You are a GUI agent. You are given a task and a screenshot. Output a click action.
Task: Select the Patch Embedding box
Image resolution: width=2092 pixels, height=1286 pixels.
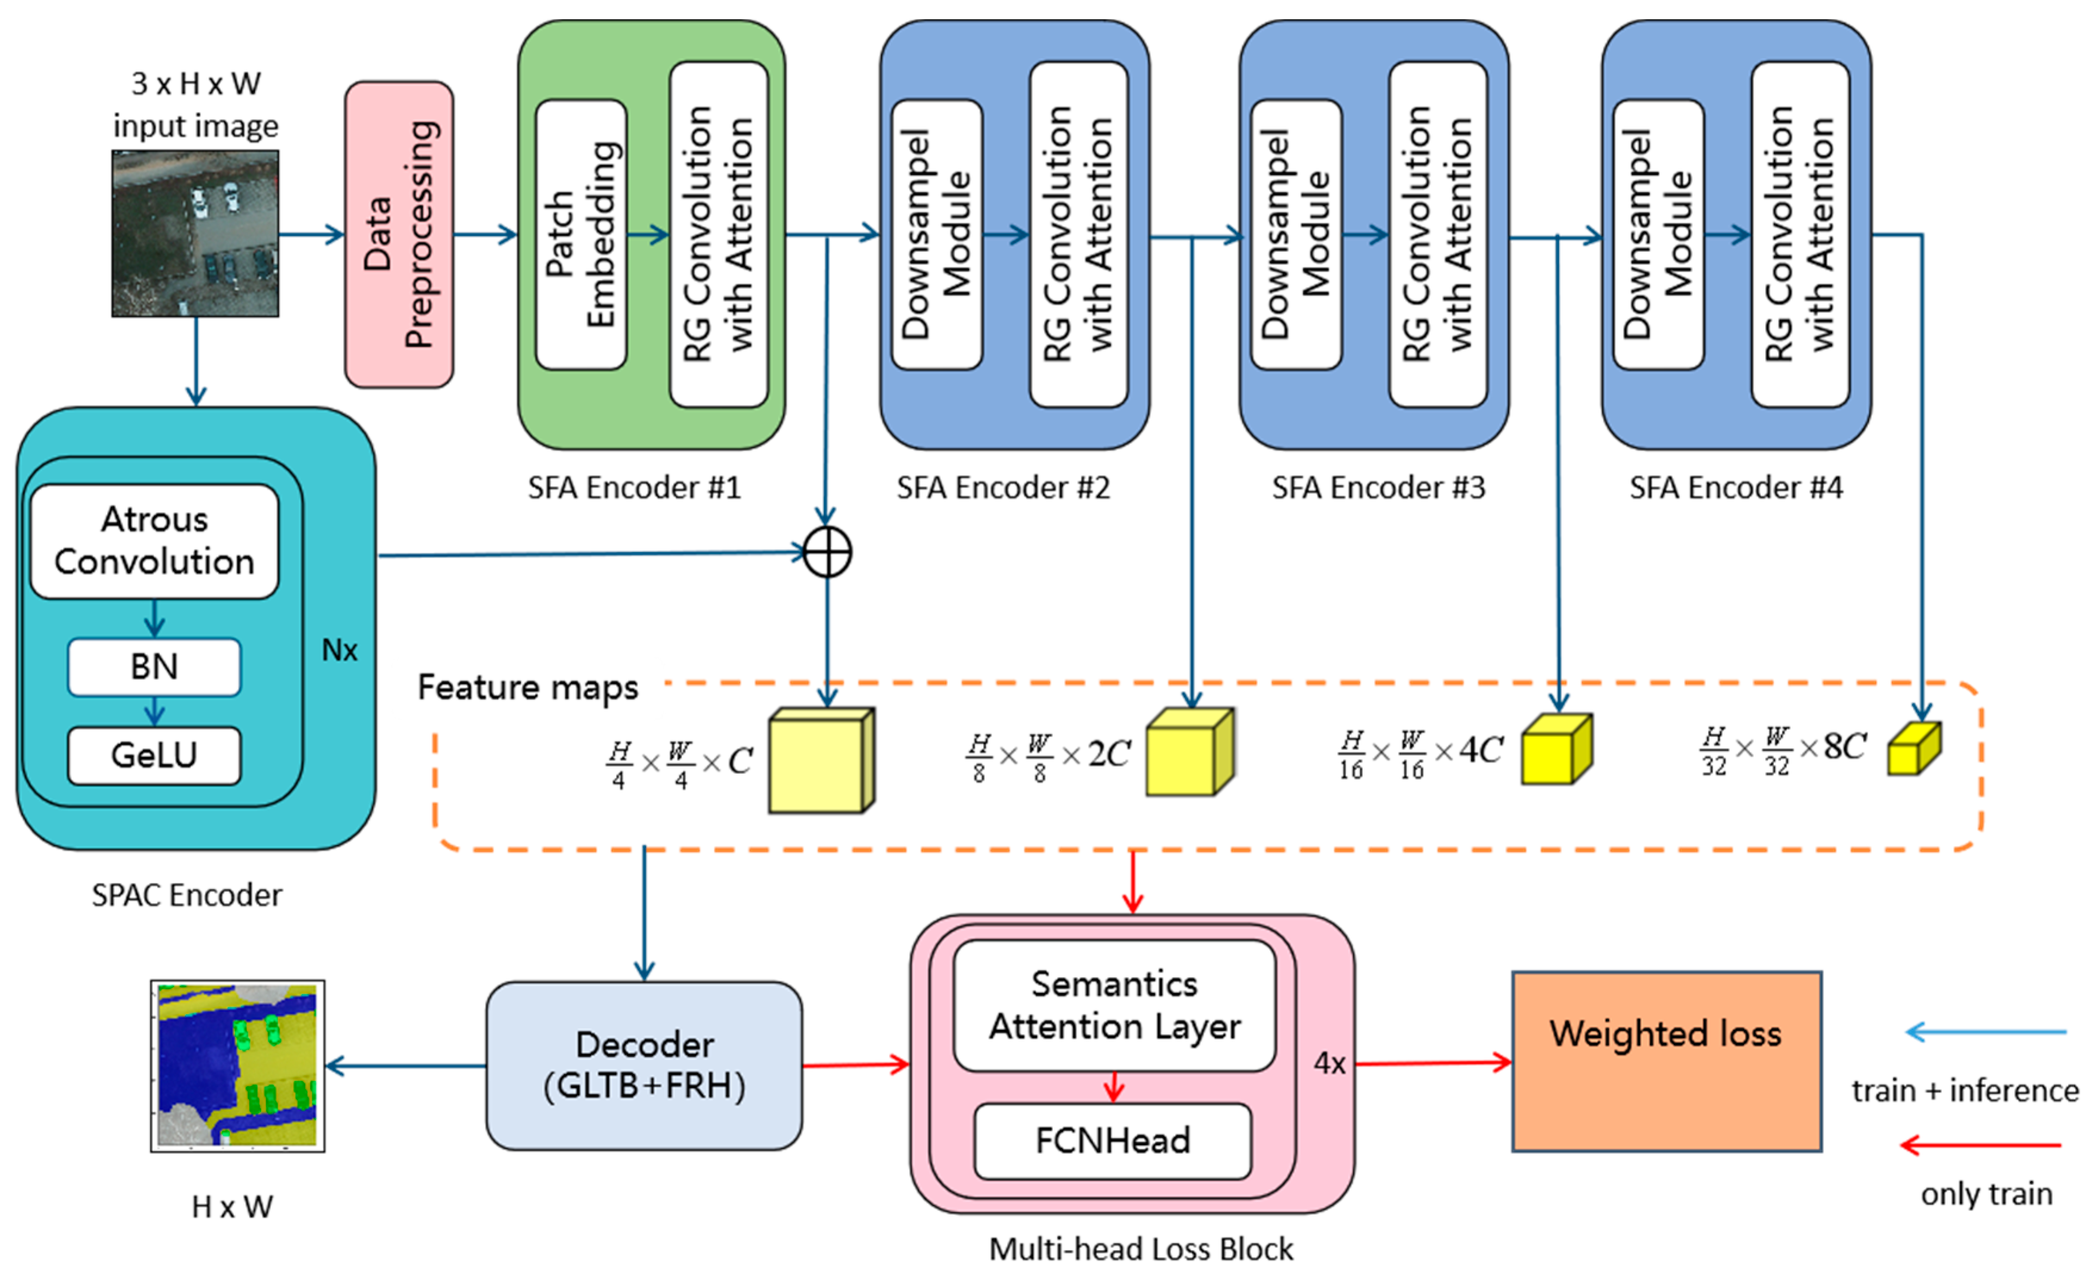[581, 235]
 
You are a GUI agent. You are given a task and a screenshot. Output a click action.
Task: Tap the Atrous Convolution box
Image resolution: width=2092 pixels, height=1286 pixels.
[154, 541]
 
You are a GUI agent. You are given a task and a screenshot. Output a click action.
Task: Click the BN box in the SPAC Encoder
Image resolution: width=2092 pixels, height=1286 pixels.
[154, 667]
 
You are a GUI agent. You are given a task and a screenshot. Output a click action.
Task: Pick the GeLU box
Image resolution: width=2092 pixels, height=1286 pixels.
[154, 755]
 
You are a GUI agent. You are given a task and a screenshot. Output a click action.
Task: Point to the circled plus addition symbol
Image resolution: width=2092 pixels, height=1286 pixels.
[827, 552]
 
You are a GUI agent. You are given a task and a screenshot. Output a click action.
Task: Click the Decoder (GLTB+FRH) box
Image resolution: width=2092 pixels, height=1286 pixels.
[644, 1065]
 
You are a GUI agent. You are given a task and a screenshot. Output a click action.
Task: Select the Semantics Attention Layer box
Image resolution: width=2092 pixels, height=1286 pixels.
[1114, 1005]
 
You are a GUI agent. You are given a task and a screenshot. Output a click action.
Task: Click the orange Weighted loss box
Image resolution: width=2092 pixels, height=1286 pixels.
[1666, 1061]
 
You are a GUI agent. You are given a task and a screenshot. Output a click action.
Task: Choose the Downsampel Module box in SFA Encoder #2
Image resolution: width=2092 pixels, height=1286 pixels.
[937, 235]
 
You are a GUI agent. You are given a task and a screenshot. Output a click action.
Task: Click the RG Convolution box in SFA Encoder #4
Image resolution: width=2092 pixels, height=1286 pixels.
[1799, 235]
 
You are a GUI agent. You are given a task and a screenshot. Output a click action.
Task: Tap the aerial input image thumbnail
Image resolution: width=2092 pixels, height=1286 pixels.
[195, 234]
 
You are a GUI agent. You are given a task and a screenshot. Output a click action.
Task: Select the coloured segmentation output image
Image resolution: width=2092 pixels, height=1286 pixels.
[237, 1066]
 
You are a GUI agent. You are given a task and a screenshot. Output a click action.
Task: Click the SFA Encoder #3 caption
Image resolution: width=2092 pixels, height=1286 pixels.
[1378, 488]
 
